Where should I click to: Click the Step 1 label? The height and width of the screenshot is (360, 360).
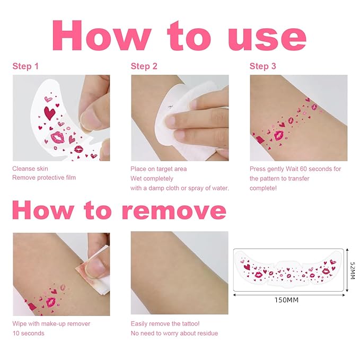(x=25, y=66)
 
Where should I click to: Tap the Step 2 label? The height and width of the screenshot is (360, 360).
(x=144, y=66)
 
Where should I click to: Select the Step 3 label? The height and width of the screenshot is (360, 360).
(x=262, y=66)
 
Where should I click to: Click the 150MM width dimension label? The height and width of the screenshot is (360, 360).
(x=286, y=300)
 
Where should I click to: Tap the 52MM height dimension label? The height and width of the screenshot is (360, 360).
(x=353, y=270)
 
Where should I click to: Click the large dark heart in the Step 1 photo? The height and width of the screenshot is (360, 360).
(x=49, y=113)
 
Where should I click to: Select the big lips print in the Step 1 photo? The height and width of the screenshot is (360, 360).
(x=58, y=137)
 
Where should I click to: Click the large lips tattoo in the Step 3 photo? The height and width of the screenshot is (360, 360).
(x=279, y=135)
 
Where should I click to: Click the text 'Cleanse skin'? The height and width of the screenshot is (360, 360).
(x=30, y=169)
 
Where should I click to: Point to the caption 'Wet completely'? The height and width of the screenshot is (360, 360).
(x=152, y=179)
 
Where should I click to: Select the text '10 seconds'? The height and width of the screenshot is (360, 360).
(x=29, y=333)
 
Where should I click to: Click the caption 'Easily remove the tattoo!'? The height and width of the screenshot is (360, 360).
(x=165, y=324)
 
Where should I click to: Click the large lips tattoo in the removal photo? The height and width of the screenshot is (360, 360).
(x=51, y=302)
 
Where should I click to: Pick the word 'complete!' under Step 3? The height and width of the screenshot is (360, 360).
(x=263, y=188)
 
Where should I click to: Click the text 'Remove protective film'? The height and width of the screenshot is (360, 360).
(x=44, y=178)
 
